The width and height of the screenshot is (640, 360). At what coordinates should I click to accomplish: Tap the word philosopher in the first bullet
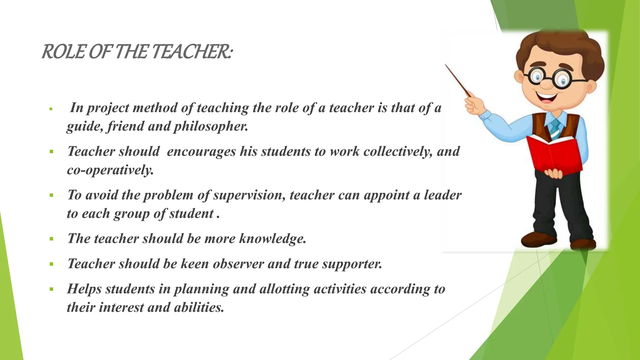[x=211, y=126]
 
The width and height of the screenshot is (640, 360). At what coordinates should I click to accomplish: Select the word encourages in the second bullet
[x=201, y=152]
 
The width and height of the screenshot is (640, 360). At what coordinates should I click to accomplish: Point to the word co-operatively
[x=110, y=170]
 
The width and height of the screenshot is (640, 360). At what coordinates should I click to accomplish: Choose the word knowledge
[x=272, y=239]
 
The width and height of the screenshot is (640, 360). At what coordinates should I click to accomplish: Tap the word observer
[x=238, y=264]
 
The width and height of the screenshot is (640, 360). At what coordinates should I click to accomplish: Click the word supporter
[x=352, y=264]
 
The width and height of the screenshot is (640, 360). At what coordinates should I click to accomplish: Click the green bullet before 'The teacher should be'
[x=51, y=239]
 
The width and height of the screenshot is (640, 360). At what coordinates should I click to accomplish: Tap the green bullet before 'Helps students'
[x=51, y=289]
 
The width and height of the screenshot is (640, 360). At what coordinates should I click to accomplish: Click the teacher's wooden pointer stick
[x=458, y=80]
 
